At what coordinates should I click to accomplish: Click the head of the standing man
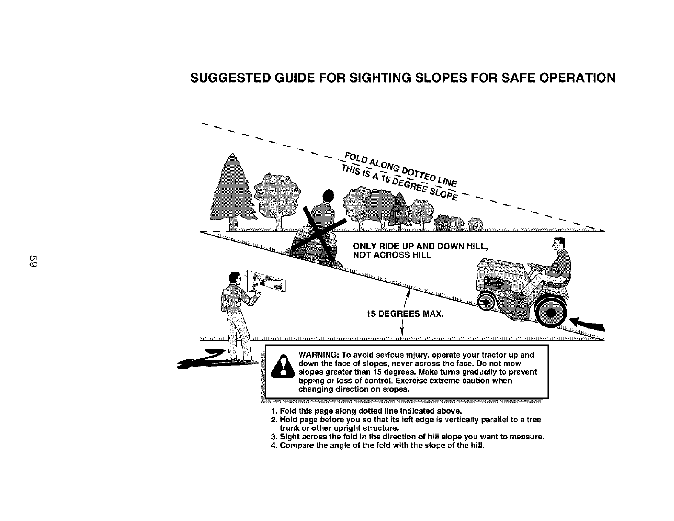[x=234, y=279]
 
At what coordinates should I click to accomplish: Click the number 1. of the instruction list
[x=274, y=411]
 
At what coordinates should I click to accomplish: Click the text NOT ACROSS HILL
[x=392, y=255]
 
